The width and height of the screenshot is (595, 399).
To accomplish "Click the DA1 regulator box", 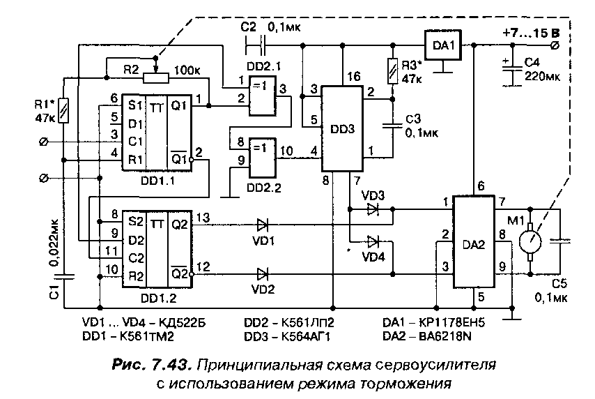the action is [443, 45].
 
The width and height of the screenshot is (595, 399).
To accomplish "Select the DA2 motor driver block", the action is [474, 242].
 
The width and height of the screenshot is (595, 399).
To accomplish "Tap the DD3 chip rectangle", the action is [342, 128].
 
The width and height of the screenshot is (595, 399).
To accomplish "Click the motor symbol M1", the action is [530, 241].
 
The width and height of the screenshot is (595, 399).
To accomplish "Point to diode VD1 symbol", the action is [263, 225].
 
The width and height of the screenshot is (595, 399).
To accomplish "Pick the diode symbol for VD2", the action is [263, 273].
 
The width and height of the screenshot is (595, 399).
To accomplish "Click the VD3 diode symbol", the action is [373, 209].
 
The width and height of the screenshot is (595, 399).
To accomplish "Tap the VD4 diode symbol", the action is [373, 241].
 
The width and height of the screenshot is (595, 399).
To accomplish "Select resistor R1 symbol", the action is [64, 110].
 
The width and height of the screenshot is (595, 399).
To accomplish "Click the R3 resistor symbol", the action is [393, 71].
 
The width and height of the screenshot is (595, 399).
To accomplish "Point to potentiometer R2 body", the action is [156, 78].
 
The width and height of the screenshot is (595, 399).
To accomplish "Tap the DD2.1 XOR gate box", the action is [262, 96].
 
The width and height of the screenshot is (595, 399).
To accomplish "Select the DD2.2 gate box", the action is [262, 158].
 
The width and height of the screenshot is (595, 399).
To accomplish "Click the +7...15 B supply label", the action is [531, 33].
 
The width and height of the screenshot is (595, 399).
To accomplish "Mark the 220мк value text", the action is [542, 76].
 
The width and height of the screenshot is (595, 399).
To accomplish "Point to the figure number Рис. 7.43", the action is [150, 366].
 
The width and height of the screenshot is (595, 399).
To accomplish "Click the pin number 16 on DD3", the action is [353, 76].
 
